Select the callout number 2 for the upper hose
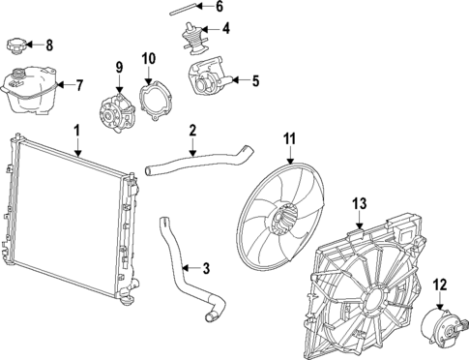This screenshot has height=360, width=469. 192,130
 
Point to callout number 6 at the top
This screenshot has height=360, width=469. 219,6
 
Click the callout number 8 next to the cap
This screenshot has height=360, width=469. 50,44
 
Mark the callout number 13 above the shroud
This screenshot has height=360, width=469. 360,203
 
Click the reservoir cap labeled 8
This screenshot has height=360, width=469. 16,44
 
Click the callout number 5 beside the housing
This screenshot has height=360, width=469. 255,81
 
